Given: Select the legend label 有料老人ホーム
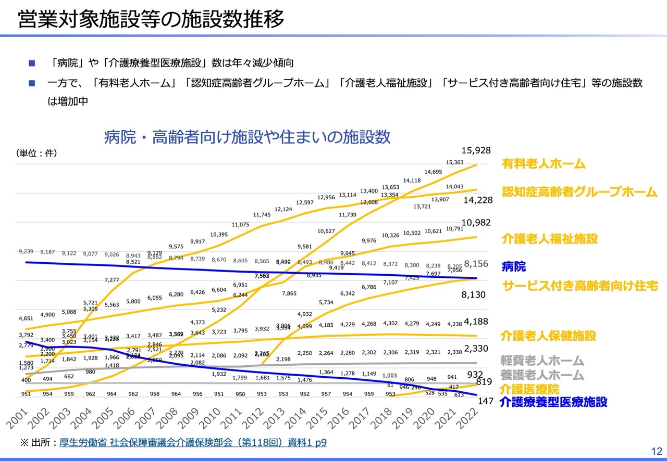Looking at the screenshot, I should click(x=544, y=164).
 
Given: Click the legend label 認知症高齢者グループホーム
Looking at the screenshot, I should click(x=579, y=192).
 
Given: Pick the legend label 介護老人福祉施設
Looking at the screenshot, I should click(x=550, y=239).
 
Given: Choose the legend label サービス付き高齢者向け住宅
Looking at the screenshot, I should click(x=579, y=285).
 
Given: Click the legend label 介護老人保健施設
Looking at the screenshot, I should click(x=548, y=336).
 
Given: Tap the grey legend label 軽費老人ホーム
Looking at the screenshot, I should click(x=542, y=361).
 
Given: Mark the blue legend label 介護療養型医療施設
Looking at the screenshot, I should click(x=553, y=402).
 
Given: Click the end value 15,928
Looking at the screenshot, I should click(x=476, y=150).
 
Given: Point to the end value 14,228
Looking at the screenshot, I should click(x=476, y=202).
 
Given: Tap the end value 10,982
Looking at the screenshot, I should click(x=476, y=223).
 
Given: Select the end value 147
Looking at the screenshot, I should click(x=486, y=402).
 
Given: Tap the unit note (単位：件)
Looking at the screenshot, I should click(x=36, y=153).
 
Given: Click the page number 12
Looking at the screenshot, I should click(x=656, y=451).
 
